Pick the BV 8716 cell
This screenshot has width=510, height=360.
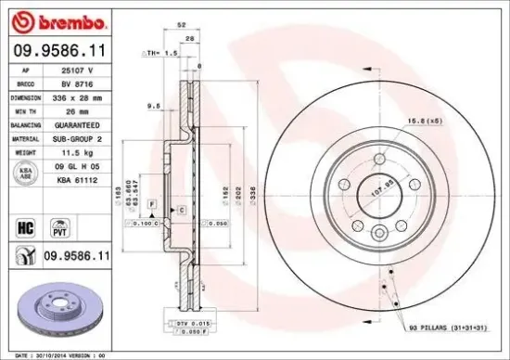pos(77,84)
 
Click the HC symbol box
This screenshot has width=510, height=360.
pos(26,224)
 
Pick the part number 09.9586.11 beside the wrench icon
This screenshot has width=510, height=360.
pos(78,253)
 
